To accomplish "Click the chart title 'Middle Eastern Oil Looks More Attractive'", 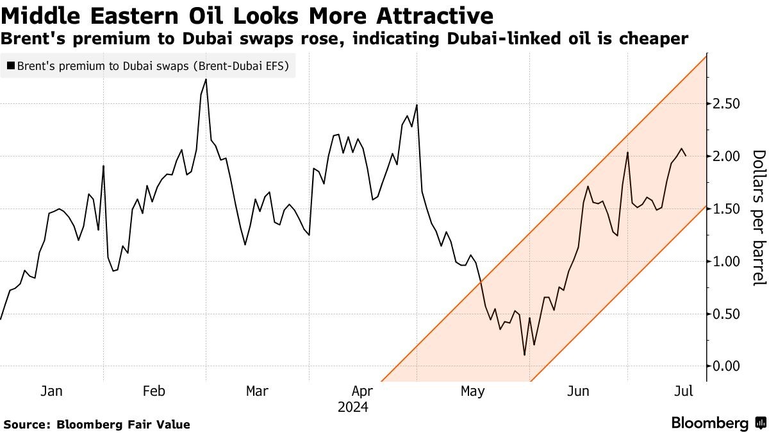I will point(247,15).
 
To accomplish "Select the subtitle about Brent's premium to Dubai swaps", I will point(344,39).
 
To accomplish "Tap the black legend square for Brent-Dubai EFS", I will point(10,65).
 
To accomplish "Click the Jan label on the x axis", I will point(51,391).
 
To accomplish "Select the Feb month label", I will point(154,391).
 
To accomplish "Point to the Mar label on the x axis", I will point(257,391).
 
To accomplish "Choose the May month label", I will point(473,391).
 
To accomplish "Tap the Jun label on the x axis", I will point(579,391).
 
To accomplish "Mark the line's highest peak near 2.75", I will point(206,80).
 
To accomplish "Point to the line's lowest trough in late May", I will point(524,355).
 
